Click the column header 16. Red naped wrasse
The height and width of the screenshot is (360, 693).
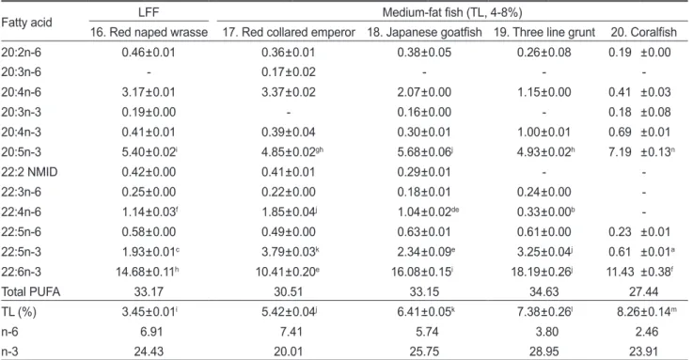pyautogui.click(x=149, y=32)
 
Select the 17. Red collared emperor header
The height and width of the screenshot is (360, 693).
pyautogui.click(x=289, y=32)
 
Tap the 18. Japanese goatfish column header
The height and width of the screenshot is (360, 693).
pyautogui.click(x=424, y=32)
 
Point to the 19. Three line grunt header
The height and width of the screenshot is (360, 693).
pyautogui.click(x=544, y=32)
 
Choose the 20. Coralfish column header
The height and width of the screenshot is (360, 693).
pyautogui.click(x=644, y=32)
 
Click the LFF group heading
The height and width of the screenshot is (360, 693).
pyautogui.click(x=149, y=12)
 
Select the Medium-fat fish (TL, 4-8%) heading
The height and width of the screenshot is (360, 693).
pyautogui.click(x=452, y=12)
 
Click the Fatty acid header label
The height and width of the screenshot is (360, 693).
pyautogui.click(x=26, y=22)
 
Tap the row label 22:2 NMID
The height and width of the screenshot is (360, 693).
pyautogui.click(x=29, y=172)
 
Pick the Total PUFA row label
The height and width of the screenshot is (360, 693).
pyautogui.click(x=30, y=291)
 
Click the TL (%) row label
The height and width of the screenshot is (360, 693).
pyautogui.click(x=19, y=312)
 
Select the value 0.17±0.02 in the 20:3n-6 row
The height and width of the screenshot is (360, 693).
pyautogui.click(x=288, y=72)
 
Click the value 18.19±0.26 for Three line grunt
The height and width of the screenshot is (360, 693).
pyautogui.click(x=543, y=272)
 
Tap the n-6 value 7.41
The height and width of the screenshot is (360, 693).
pyautogui.click(x=288, y=332)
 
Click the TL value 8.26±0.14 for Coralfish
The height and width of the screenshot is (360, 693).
pyautogui.click(x=647, y=312)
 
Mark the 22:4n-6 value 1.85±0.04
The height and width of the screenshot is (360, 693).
pyautogui.click(x=289, y=212)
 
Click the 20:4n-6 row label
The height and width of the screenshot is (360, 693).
pyautogui.click(x=21, y=92)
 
